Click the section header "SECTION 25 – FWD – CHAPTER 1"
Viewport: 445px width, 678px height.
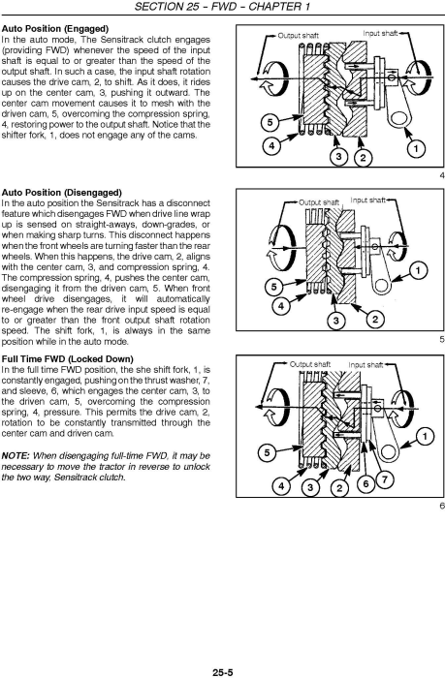coord(223,7)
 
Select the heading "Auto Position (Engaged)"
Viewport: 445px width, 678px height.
coord(55,29)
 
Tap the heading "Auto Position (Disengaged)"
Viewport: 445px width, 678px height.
coord(62,193)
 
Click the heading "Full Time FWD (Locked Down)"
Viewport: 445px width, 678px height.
coord(68,359)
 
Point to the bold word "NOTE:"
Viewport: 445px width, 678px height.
coord(16,456)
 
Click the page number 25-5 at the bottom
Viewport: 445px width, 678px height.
coord(223,672)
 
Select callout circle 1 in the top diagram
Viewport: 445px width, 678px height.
coord(416,149)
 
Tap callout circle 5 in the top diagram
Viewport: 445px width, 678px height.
coord(270,122)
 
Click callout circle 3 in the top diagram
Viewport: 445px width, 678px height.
coord(339,157)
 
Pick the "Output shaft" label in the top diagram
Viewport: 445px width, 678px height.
coord(299,36)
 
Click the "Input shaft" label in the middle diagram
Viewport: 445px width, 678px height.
coord(368,200)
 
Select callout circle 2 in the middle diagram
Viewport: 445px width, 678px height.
coord(375,320)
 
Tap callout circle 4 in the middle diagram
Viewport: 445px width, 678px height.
coord(281,306)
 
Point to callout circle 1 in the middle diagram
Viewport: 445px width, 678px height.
coord(418,271)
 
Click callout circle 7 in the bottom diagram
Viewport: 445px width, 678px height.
coord(384,479)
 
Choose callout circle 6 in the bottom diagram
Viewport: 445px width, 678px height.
coord(366,483)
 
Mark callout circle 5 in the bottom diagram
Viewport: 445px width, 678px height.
coord(267,452)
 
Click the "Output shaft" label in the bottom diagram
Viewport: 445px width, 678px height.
coord(310,364)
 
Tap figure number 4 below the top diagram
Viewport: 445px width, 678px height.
coord(441,175)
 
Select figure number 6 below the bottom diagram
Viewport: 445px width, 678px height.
coord(441,506)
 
